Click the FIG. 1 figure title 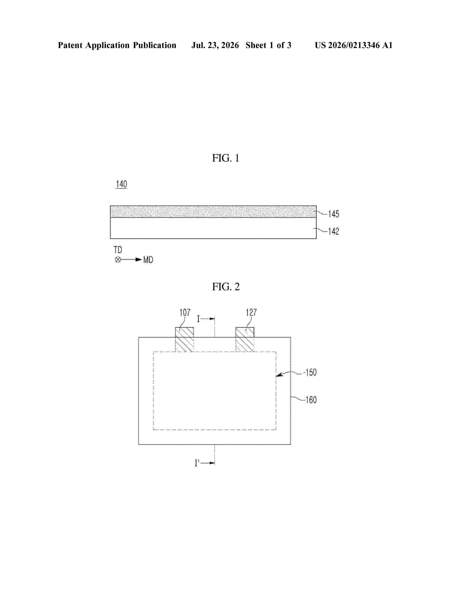point(225,158)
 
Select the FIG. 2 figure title point(226,287)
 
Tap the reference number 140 point(122,184)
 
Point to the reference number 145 point(334,214)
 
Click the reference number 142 point(334,231)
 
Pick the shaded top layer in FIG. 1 point(213,212)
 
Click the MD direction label point(148,260)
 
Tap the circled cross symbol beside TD point(118,260)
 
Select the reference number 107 point(185,313)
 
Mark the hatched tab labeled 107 point(185,340)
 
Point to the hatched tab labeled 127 point(245,340)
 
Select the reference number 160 point(311,400)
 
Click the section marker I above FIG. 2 point(198,319)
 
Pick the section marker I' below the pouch point(197,463)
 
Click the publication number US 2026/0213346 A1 point(354,45)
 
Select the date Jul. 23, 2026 point(215,45)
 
